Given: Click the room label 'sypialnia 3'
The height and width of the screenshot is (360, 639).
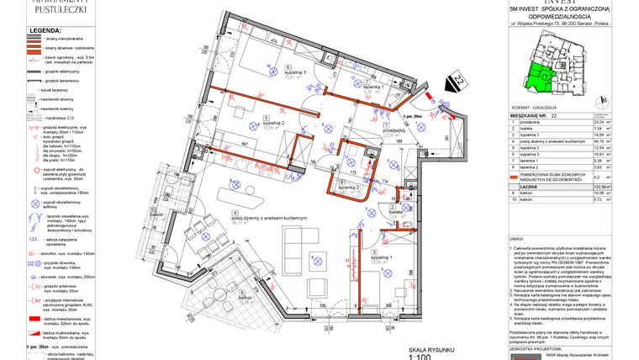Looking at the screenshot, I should click(295, 72).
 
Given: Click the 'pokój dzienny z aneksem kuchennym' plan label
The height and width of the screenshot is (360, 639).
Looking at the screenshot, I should click(272, 218).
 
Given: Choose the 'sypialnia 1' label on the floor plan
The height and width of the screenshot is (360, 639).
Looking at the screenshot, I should click(380, 257).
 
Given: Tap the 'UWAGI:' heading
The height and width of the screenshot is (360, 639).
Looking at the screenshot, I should click(517, 240).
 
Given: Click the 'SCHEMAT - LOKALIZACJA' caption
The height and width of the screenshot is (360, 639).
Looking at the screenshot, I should click(538, 109).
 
